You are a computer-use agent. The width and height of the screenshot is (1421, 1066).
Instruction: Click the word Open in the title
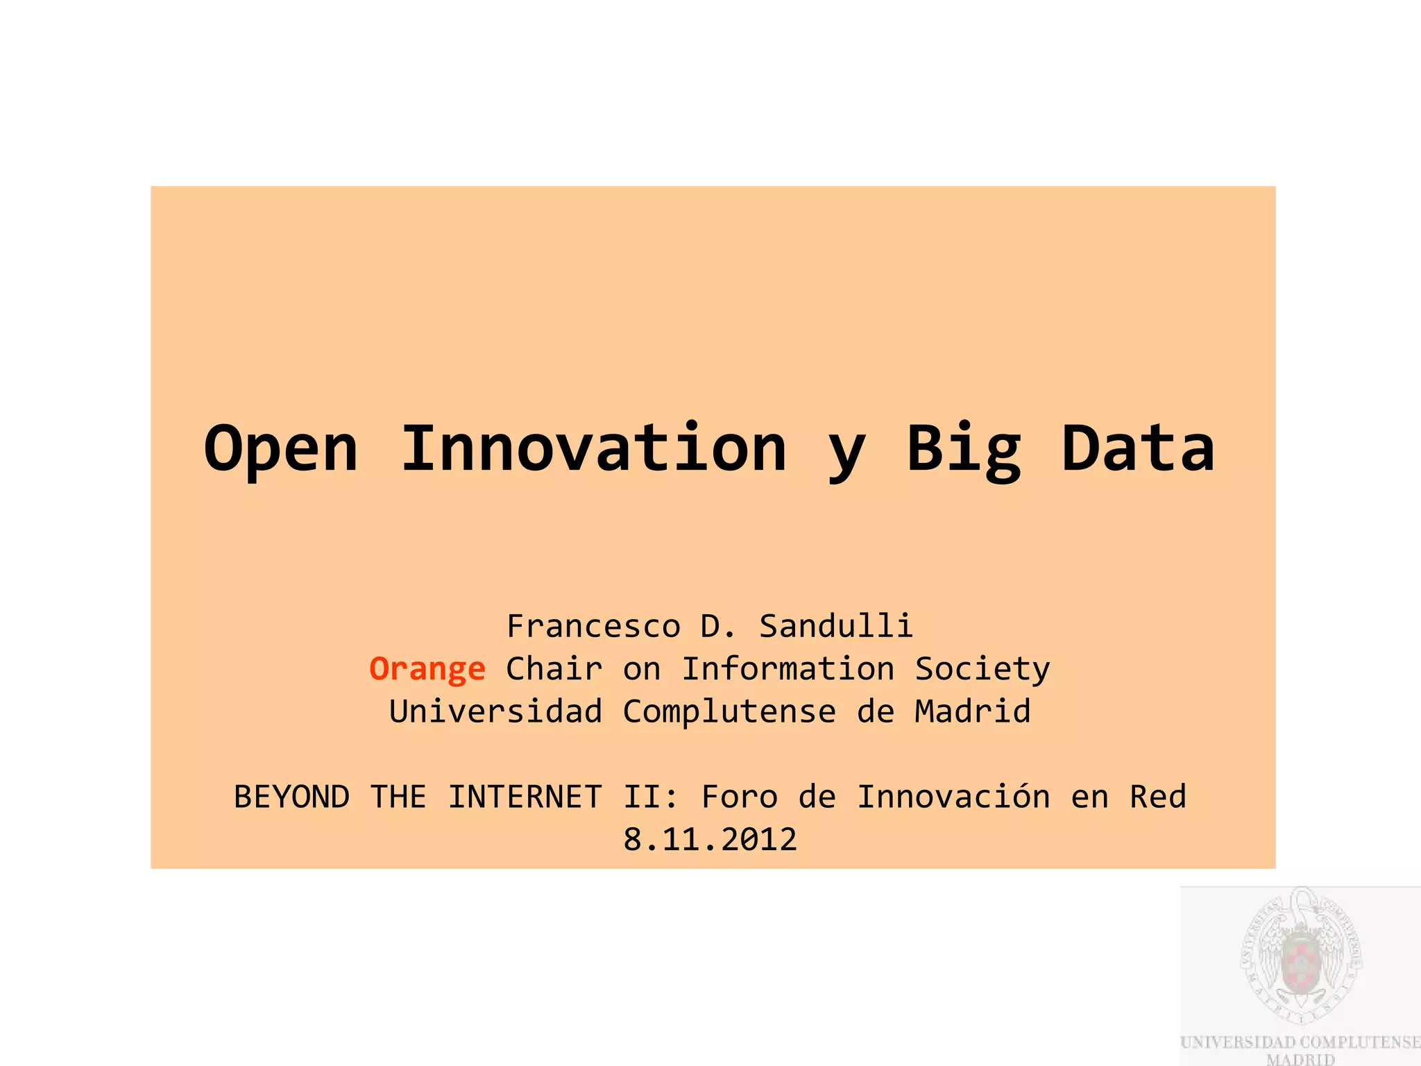pos(281,450)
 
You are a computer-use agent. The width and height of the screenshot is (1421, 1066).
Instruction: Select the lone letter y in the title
pos(846,455)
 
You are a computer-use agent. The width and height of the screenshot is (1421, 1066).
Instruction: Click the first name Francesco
pos(593,626)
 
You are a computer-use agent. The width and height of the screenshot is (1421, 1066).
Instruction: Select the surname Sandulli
pos(836,626)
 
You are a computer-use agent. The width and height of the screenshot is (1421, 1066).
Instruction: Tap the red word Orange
pos(427,669)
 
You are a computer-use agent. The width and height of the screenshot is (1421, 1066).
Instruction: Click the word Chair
pos(554,669)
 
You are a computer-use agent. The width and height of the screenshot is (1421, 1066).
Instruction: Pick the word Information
pos(788,669)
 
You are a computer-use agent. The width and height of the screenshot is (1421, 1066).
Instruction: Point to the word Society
pos(982,669)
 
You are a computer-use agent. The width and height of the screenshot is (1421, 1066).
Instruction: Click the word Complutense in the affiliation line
pos(729,712)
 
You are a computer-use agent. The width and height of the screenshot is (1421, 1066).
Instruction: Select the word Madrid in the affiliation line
pos(972,712)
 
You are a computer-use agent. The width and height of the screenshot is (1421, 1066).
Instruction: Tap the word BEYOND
pos(291,797)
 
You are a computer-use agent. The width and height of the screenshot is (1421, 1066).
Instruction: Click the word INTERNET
pos(525,797)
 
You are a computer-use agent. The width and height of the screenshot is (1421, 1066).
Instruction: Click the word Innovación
pos(953,797)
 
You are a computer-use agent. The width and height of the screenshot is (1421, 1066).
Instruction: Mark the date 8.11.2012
pos(710,840)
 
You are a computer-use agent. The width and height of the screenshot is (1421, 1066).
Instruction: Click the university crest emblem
pos(1300,958)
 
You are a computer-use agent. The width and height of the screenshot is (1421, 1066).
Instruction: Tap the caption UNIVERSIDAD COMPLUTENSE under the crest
pos(1300,1042)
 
